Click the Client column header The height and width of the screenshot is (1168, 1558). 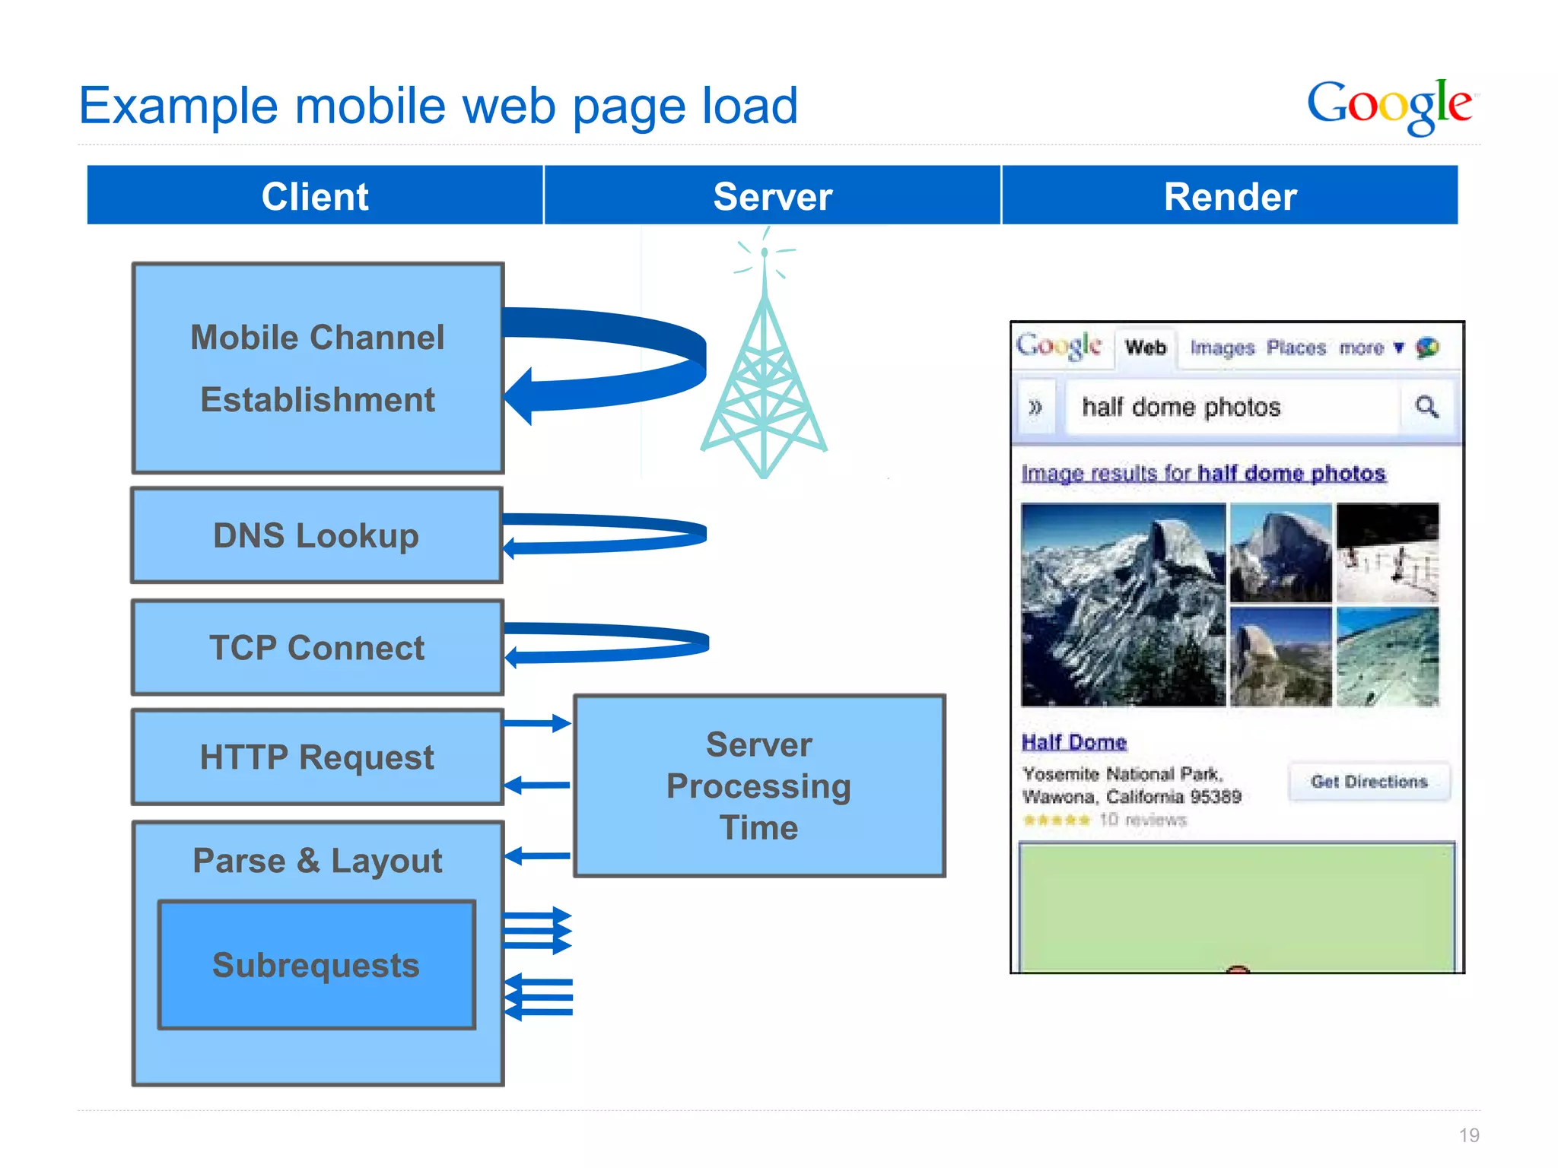pyautogui.click(x=315, y=196)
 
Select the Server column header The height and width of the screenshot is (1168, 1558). pyautogui.click(x=772, y=196)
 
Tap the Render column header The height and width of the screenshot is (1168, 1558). pyautogui.click(x=1229, y=196)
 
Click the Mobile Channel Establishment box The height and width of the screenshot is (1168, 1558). pyautogui.click(x=318, y=368)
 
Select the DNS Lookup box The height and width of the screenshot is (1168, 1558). pyautogui.click(x=316, y=535)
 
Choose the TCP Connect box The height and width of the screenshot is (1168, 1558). pyautogui.click(x=317, y=648)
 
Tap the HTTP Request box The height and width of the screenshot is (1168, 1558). pyautogui.click(x=317, y=757)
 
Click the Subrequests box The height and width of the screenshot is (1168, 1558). pyautogui.click(x=316, y=965)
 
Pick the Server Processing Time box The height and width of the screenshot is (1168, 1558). pyautogui.click(x=759, y=786)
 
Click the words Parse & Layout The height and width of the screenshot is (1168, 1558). pyautogui.click(x=317, y=861)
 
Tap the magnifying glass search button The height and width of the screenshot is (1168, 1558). pyautogui.click(x=1426, y=408)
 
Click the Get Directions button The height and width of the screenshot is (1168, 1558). pyautogui.click(x=1369, y=782)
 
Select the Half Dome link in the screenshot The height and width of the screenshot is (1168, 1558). pyautogui.click(x=1073, y=742)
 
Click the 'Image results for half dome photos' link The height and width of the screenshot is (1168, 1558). pyautogui.click(x=1203, y=473)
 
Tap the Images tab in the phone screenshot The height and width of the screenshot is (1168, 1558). pyautogui.click(x=1222, y=348)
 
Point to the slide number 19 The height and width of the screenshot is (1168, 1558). pyautogui.click(x=1469, y=1135)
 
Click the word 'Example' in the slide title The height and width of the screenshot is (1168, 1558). pyautogui.click(x=178, y=106)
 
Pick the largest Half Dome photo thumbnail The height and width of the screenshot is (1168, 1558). pyautogui.click(x=1123, y=605)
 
